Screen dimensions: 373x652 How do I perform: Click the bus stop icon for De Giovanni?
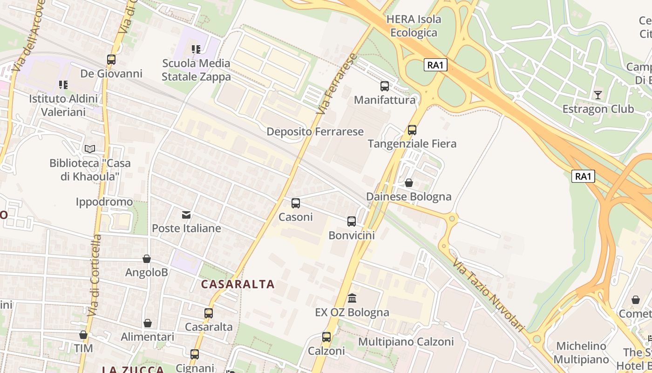coord(111,60)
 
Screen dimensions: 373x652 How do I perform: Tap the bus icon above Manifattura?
coord(384,86)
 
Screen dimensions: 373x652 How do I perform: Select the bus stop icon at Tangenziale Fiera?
coord(412,130)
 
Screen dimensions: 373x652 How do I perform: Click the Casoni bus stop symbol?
coord(295,203)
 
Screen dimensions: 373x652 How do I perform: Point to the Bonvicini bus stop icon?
coord(351,221)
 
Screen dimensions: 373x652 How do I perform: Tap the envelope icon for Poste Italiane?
coord(186,214)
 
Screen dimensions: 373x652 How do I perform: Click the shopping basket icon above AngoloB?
coord(147,259)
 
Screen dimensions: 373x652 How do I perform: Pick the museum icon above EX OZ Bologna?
coord(352,298)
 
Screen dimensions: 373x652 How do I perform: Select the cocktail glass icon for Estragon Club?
coord(598,95)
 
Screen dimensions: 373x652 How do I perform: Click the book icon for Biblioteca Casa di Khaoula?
coord(90,149)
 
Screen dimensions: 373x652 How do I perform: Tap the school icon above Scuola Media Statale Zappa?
coord(196,49)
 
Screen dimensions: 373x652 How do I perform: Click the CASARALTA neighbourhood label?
coord(238,284)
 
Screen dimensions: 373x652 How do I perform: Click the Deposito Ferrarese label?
coord(315,131)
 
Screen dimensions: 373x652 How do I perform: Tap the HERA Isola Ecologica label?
coord(414,26)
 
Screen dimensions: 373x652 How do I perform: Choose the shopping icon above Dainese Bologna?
coord(408,183)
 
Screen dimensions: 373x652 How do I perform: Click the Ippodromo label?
coord(104,202)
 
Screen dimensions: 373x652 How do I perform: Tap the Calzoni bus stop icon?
coord(326,337)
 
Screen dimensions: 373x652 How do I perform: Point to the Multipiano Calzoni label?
coord(406,342)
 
